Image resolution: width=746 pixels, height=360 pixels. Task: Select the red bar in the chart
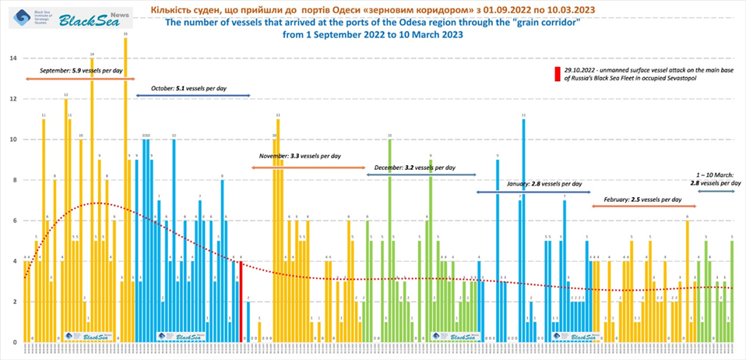[x=241, y=302]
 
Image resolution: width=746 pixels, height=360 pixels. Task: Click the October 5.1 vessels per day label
[x=188, y=88]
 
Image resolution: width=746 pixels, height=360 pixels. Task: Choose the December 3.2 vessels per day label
[x=414, y=167]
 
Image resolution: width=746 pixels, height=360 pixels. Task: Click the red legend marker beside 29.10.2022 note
[x=556, y=74]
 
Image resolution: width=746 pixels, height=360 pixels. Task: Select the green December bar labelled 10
[x=389, y=241]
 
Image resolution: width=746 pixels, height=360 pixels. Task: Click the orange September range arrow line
[x=78, y=79]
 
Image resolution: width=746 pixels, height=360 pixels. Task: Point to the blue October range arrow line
[x=192, y=95]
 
